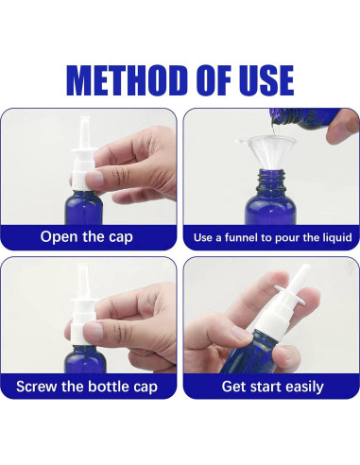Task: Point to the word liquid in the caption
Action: tap(336, 237)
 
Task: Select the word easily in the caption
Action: tap(303, 387)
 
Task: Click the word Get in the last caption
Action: tap(233, 387)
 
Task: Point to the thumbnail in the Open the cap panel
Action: tap(94, 179)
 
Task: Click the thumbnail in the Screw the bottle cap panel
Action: tap(94, 332)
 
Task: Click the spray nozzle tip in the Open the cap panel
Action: tap(84, 119)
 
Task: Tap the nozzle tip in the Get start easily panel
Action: tap(305, 267)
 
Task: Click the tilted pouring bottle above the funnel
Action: tap(302, 118)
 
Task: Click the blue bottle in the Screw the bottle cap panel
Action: tap(85, 359)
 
